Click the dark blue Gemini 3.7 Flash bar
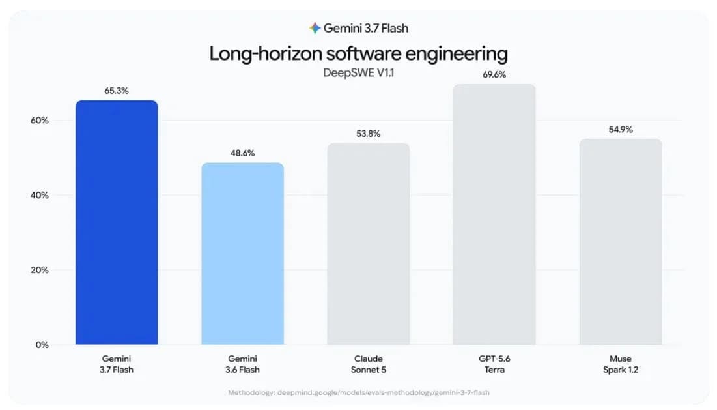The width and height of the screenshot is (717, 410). tap(117, 222)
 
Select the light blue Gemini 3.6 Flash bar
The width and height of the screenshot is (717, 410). tap(242, 254)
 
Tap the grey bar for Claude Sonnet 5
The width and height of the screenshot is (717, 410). tap(369, 244)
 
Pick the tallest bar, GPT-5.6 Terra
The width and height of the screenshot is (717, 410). tap(494, 214)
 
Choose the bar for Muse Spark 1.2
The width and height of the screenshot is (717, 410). tap(621, 242)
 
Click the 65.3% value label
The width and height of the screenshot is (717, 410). tap(117, 91)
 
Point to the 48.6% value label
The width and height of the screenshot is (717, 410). tap(242, 153)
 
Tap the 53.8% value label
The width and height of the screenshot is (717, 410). tap(369, 134)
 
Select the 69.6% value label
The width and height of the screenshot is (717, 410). tap(494, 74)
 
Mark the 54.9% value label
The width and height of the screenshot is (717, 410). tap(621, 130)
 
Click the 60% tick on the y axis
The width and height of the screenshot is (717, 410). tap(39, 121)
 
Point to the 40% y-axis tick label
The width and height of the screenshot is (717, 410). tap(39, 195)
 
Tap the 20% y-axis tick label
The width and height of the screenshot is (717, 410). tap(39, 270)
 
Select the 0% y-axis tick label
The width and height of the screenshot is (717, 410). tap(42, 345)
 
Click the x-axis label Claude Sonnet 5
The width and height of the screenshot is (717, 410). tap(369, 364)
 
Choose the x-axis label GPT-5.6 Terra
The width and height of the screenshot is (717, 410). tap(494, 364)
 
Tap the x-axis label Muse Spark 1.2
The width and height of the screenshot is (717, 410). tap(621, 364)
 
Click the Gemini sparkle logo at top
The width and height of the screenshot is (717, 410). tap(315, 28)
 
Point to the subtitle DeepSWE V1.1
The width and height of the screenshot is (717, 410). tap(358, 73)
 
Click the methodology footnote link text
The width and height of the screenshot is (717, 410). tap(359, 392)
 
